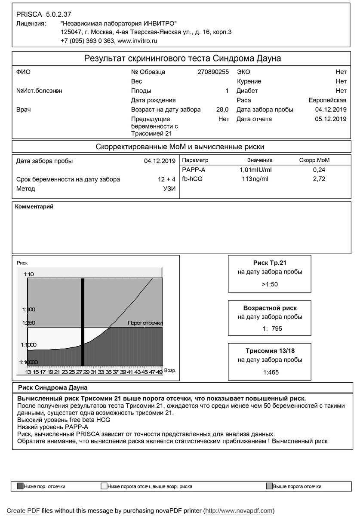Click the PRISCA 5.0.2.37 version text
tap(38, 15)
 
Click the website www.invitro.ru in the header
tap(137, 41)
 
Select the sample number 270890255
tap(213, 72)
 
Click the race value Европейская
tap(327, 100)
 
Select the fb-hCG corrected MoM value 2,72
tap(319, 179)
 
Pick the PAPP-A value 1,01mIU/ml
tap(255, 170)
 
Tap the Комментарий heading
tap(34, 207)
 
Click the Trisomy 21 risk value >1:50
tap(270, 284)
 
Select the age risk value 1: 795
tap(270, 329)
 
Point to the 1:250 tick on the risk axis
tap(29, 323)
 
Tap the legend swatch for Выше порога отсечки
tap(269, 487)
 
